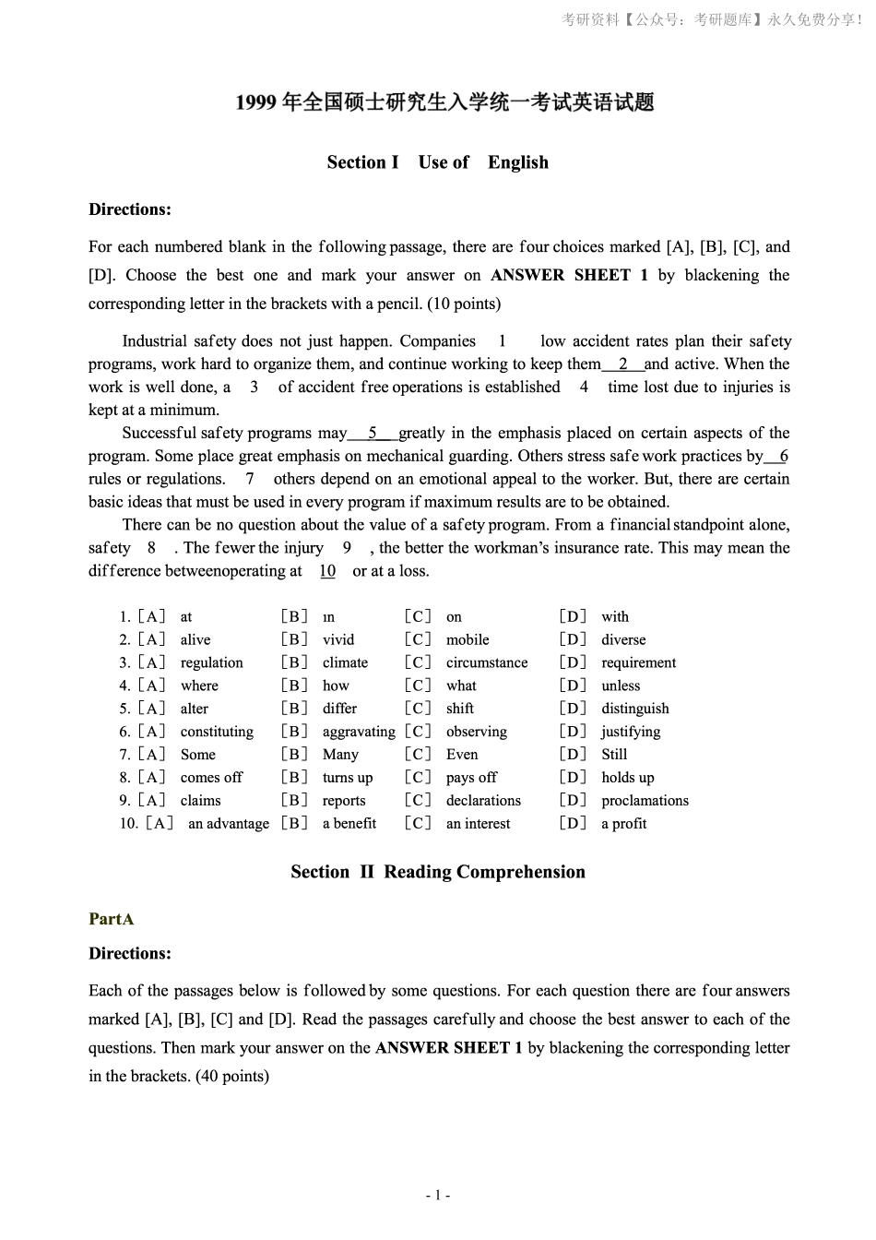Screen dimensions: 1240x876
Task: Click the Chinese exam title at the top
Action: click(444, 102)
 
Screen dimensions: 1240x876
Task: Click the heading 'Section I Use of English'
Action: click(437, 162)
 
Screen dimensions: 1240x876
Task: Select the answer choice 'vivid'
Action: click(337, 639)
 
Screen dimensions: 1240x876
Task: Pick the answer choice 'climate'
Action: click(345, 662)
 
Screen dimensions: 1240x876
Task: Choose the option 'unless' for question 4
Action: click(620, 686)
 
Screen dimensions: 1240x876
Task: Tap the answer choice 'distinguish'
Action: click(634, 709)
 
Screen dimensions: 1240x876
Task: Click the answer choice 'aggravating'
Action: click(358, 732)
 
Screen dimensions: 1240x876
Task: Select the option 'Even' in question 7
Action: click(462, 754)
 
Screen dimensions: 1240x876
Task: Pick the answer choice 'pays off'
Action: click(471, 777)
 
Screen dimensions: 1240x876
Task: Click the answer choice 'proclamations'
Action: click(645, 800)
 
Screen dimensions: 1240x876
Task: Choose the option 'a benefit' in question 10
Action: click(349, 823)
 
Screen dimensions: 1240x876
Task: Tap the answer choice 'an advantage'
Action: click(229, 823)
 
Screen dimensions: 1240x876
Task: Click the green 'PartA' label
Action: click(112, 919)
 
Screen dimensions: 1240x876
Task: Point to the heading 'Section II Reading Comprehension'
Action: click(437, 872)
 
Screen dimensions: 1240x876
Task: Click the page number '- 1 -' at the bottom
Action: click(437, 1196)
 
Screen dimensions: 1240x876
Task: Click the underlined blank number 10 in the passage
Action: click(327, 571)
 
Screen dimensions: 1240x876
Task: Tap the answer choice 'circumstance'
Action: click(487, 662)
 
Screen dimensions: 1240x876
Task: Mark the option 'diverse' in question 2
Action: click(623, 639)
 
